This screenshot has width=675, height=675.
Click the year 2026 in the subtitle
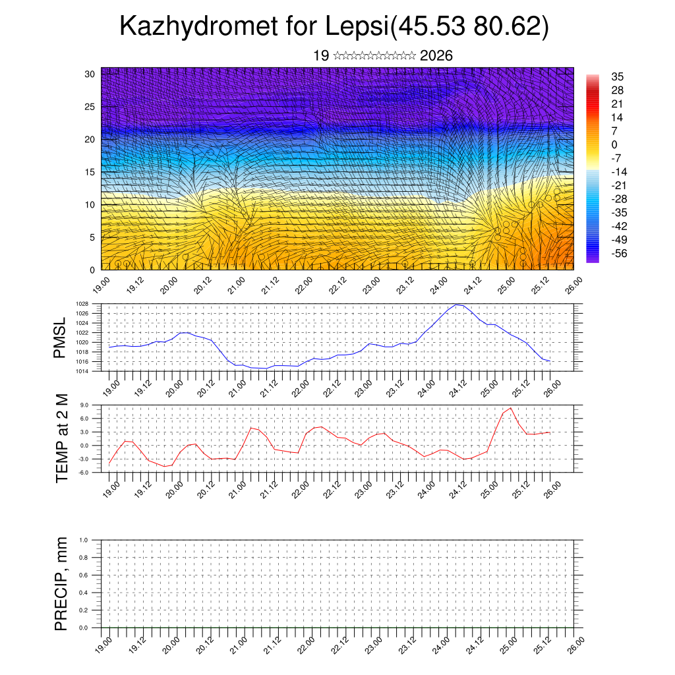(x=436, y=56)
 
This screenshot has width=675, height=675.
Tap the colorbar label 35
(x=618, y=76)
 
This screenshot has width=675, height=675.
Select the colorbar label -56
(x=620, y=252)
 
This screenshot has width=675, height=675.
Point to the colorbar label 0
(x=614, y=144)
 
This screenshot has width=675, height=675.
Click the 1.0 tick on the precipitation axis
(x=83, y=540)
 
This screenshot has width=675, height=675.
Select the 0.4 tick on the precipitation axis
(x=83, y=593)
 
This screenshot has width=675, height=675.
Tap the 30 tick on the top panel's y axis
(x=90, y=74)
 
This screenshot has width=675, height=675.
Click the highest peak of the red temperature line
(x=510, y=408)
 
